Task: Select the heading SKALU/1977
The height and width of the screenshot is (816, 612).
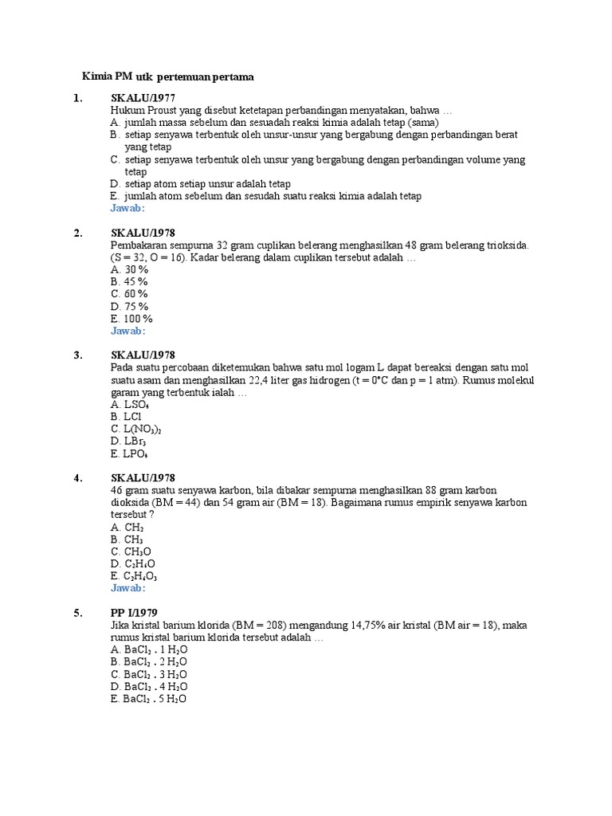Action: pos(142,98)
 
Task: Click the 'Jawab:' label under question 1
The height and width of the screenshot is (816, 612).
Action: pos(127,208)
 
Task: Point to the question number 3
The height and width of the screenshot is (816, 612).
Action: pos(78,355)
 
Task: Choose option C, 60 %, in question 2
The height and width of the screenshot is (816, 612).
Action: pos(129,294)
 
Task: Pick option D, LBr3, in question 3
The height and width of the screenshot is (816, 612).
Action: pos(128,441)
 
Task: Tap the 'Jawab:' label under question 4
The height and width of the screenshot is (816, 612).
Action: pos(127,588)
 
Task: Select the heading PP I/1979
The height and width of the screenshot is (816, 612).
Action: pos(134,613)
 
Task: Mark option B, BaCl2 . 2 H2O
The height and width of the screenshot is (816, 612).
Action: pos(149,662)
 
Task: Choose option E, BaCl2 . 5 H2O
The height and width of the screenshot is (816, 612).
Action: pos(149,699)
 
